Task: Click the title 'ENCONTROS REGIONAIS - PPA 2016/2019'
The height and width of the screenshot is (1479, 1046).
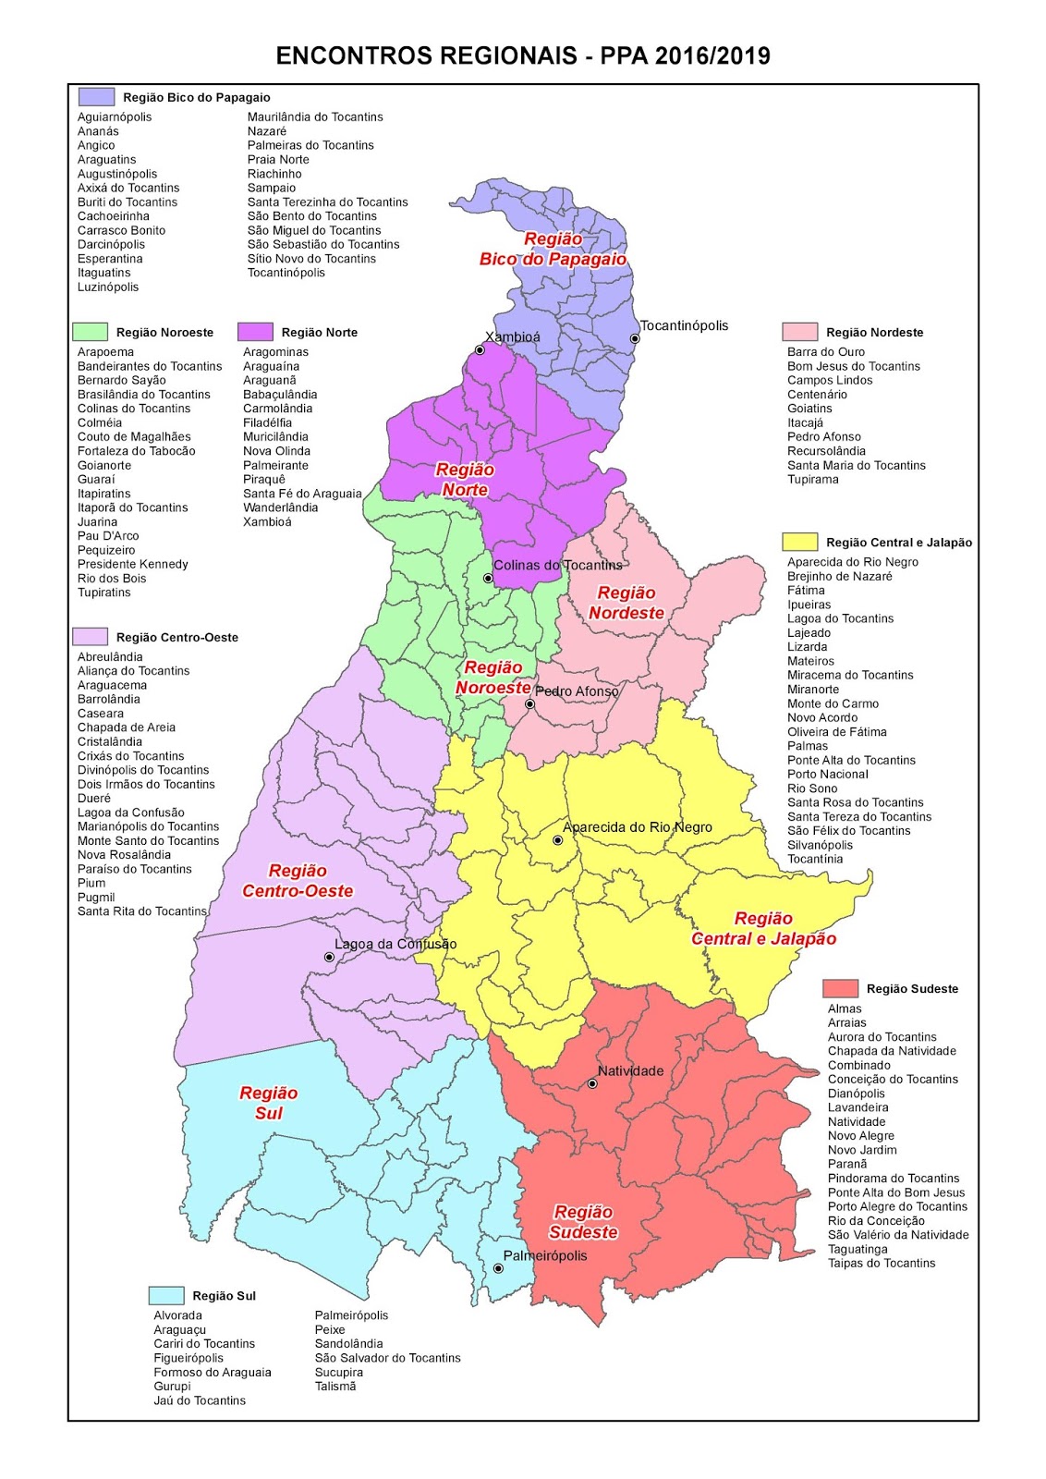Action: point(523,56)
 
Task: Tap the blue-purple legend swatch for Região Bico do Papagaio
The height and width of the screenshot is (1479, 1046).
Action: point(96,97)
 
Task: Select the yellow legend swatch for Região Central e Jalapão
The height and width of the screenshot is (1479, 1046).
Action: point(799,543)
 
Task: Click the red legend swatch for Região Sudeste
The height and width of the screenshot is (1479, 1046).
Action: point(840,988)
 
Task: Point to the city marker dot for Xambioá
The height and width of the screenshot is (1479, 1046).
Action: point(480,350)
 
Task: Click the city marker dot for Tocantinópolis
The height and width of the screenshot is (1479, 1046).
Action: point(635,339)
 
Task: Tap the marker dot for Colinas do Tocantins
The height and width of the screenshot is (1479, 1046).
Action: point(488,579)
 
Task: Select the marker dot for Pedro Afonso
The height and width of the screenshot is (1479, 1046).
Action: point(529,704)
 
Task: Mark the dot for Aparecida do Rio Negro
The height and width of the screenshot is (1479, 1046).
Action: point(557,840)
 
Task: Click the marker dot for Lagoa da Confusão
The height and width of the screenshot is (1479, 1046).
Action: point(329,958)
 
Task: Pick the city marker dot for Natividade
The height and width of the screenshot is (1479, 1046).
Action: point(592,1083)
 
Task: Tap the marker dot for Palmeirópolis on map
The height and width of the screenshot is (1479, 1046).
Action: point(498,1268)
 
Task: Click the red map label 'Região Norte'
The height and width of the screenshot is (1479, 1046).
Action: point(465,480)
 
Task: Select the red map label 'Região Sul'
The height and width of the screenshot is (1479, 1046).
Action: point(269,1103)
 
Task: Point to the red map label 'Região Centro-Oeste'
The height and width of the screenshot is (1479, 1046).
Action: point(298,881)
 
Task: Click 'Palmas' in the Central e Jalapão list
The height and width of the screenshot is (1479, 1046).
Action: point(808,746)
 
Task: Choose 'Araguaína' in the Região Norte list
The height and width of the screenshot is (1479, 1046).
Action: point(271,366)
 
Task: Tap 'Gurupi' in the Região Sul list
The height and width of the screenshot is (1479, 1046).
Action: point(172,1386)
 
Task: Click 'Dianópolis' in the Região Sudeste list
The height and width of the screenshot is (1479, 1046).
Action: point(857,1094)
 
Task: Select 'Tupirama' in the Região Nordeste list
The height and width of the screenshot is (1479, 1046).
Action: point(813,480)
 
